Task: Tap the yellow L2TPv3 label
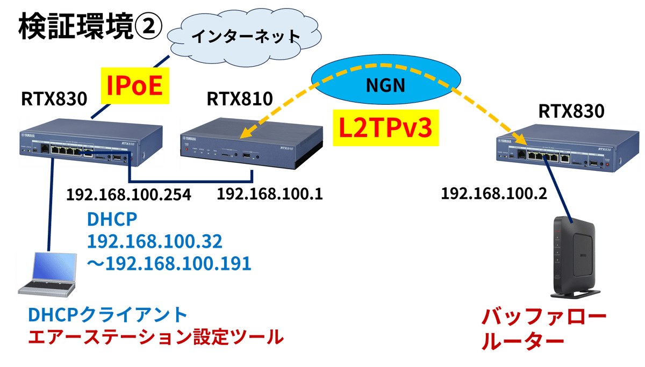click(x=383, y=128)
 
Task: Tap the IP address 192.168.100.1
click(x=269, y=194)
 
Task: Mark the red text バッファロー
click(x=543, y=318)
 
